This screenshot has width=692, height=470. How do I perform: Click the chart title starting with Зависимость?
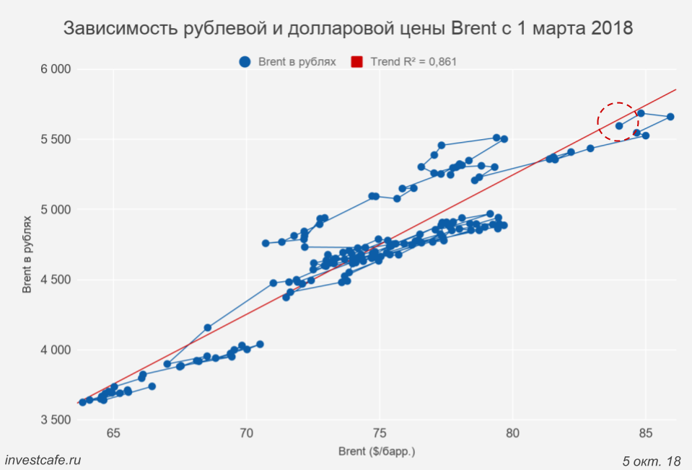(348, 30)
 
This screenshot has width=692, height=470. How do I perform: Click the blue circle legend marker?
(245, 62)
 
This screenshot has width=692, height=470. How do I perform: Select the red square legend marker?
(356, 62)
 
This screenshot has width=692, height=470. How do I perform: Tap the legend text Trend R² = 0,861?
(413, 62)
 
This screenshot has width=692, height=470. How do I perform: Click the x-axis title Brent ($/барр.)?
(377, 451)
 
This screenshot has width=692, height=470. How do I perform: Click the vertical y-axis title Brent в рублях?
(27, 254)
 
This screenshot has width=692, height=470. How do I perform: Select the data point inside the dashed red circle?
(619, 125)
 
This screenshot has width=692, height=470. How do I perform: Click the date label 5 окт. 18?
(651, 460)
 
